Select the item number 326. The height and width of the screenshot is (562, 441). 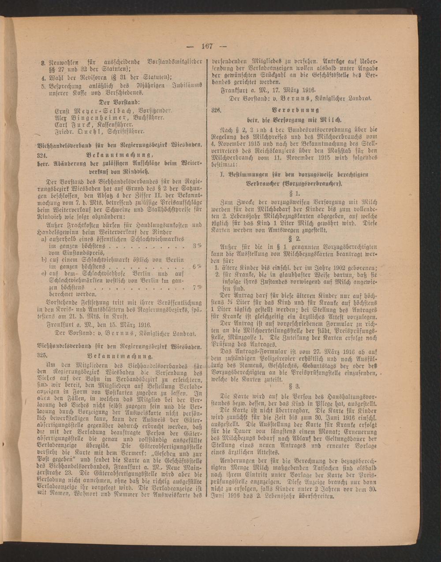tap(216, 109)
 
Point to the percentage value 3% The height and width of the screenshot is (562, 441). tap(196, 245)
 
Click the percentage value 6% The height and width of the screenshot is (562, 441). tap(196, 266)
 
